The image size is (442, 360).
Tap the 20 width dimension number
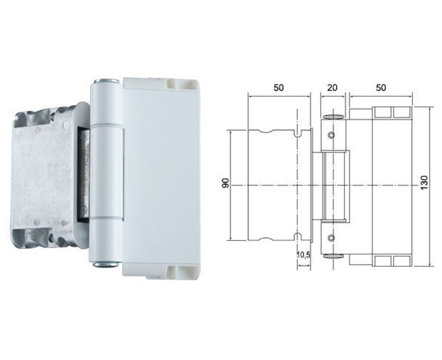[x=332, y=88]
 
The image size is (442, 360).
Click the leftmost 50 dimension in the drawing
[x=278, y=88]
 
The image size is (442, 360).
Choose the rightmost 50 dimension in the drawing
[x=380, y=88]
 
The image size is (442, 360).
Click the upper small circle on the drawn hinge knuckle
[x=331, y=135]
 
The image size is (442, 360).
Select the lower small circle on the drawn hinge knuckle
[x=331, y=238]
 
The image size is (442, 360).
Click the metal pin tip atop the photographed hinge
[x=106, y=81]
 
